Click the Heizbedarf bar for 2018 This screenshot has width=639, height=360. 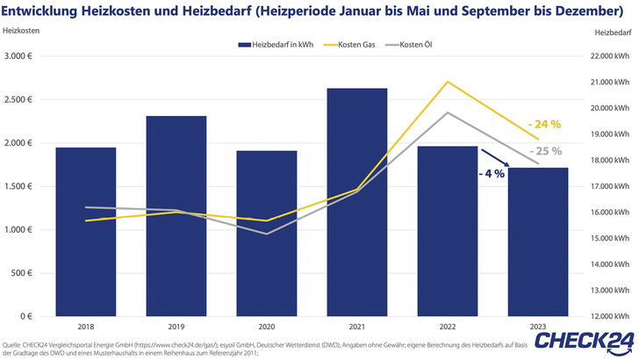[86, 232]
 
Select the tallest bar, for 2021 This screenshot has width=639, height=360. [357, 202]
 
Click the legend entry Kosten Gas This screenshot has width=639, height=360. [354, 44]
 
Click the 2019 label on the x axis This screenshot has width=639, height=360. [176, 328]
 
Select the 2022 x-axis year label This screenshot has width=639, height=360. [448, 328]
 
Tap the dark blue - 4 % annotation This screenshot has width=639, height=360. [492, 174]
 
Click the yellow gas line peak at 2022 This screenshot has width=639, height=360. [448, 82]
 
